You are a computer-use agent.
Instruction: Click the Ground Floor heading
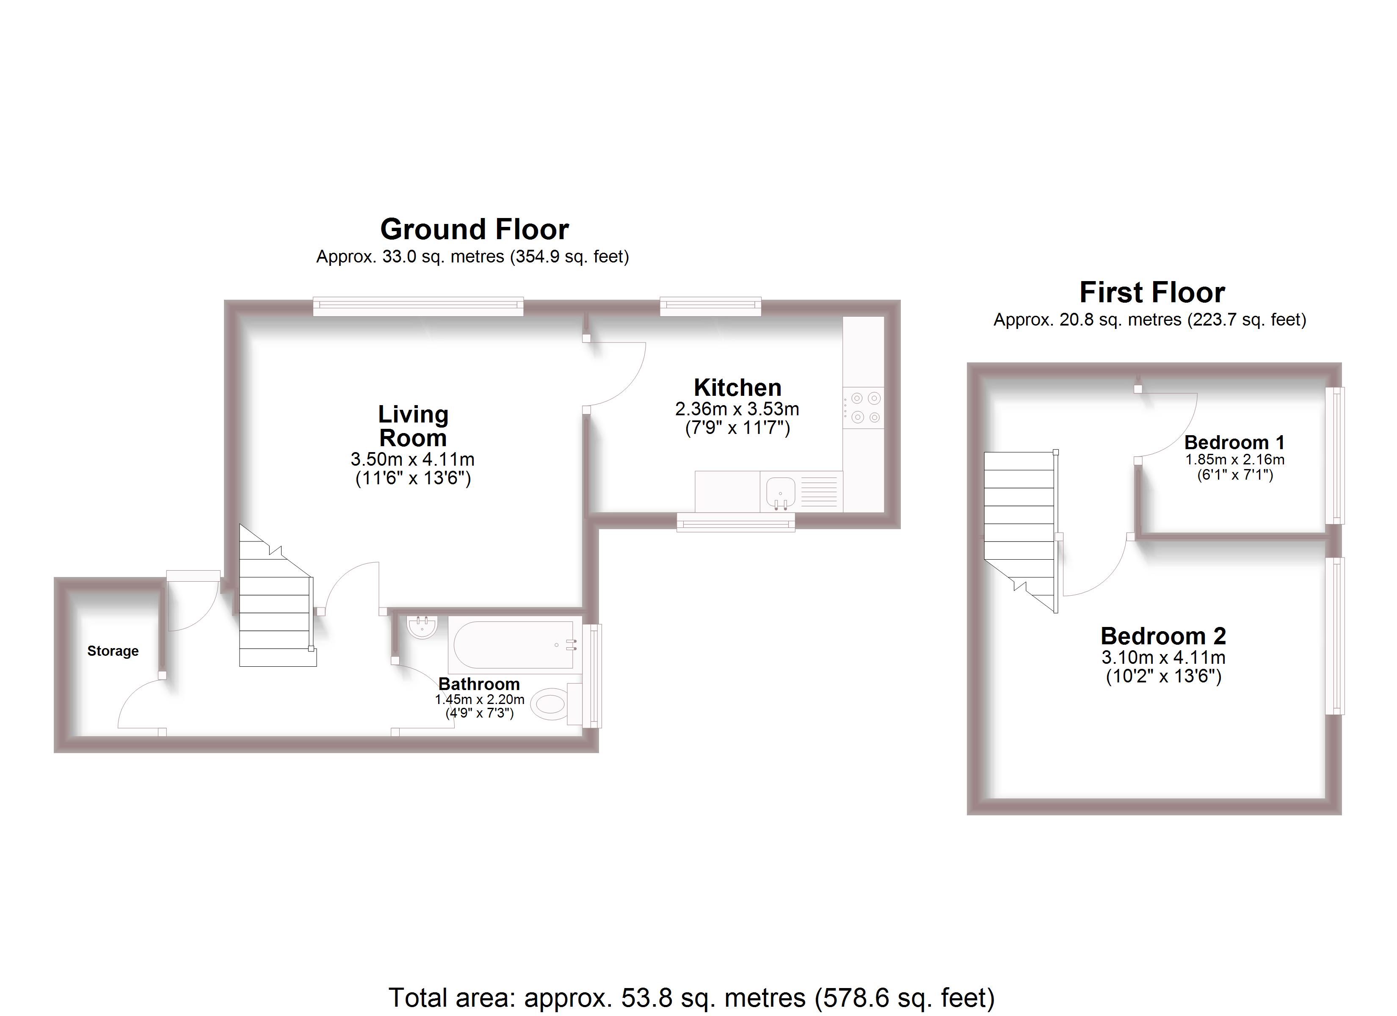tap(474, 229)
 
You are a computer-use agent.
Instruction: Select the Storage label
tap(113, 651)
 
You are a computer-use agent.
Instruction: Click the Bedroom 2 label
tap(1162, 636)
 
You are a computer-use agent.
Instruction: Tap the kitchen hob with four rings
tap(863, 408)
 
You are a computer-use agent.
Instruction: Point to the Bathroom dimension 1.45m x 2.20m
tap(479, 699)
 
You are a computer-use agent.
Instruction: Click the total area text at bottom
tap(691, 997)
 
